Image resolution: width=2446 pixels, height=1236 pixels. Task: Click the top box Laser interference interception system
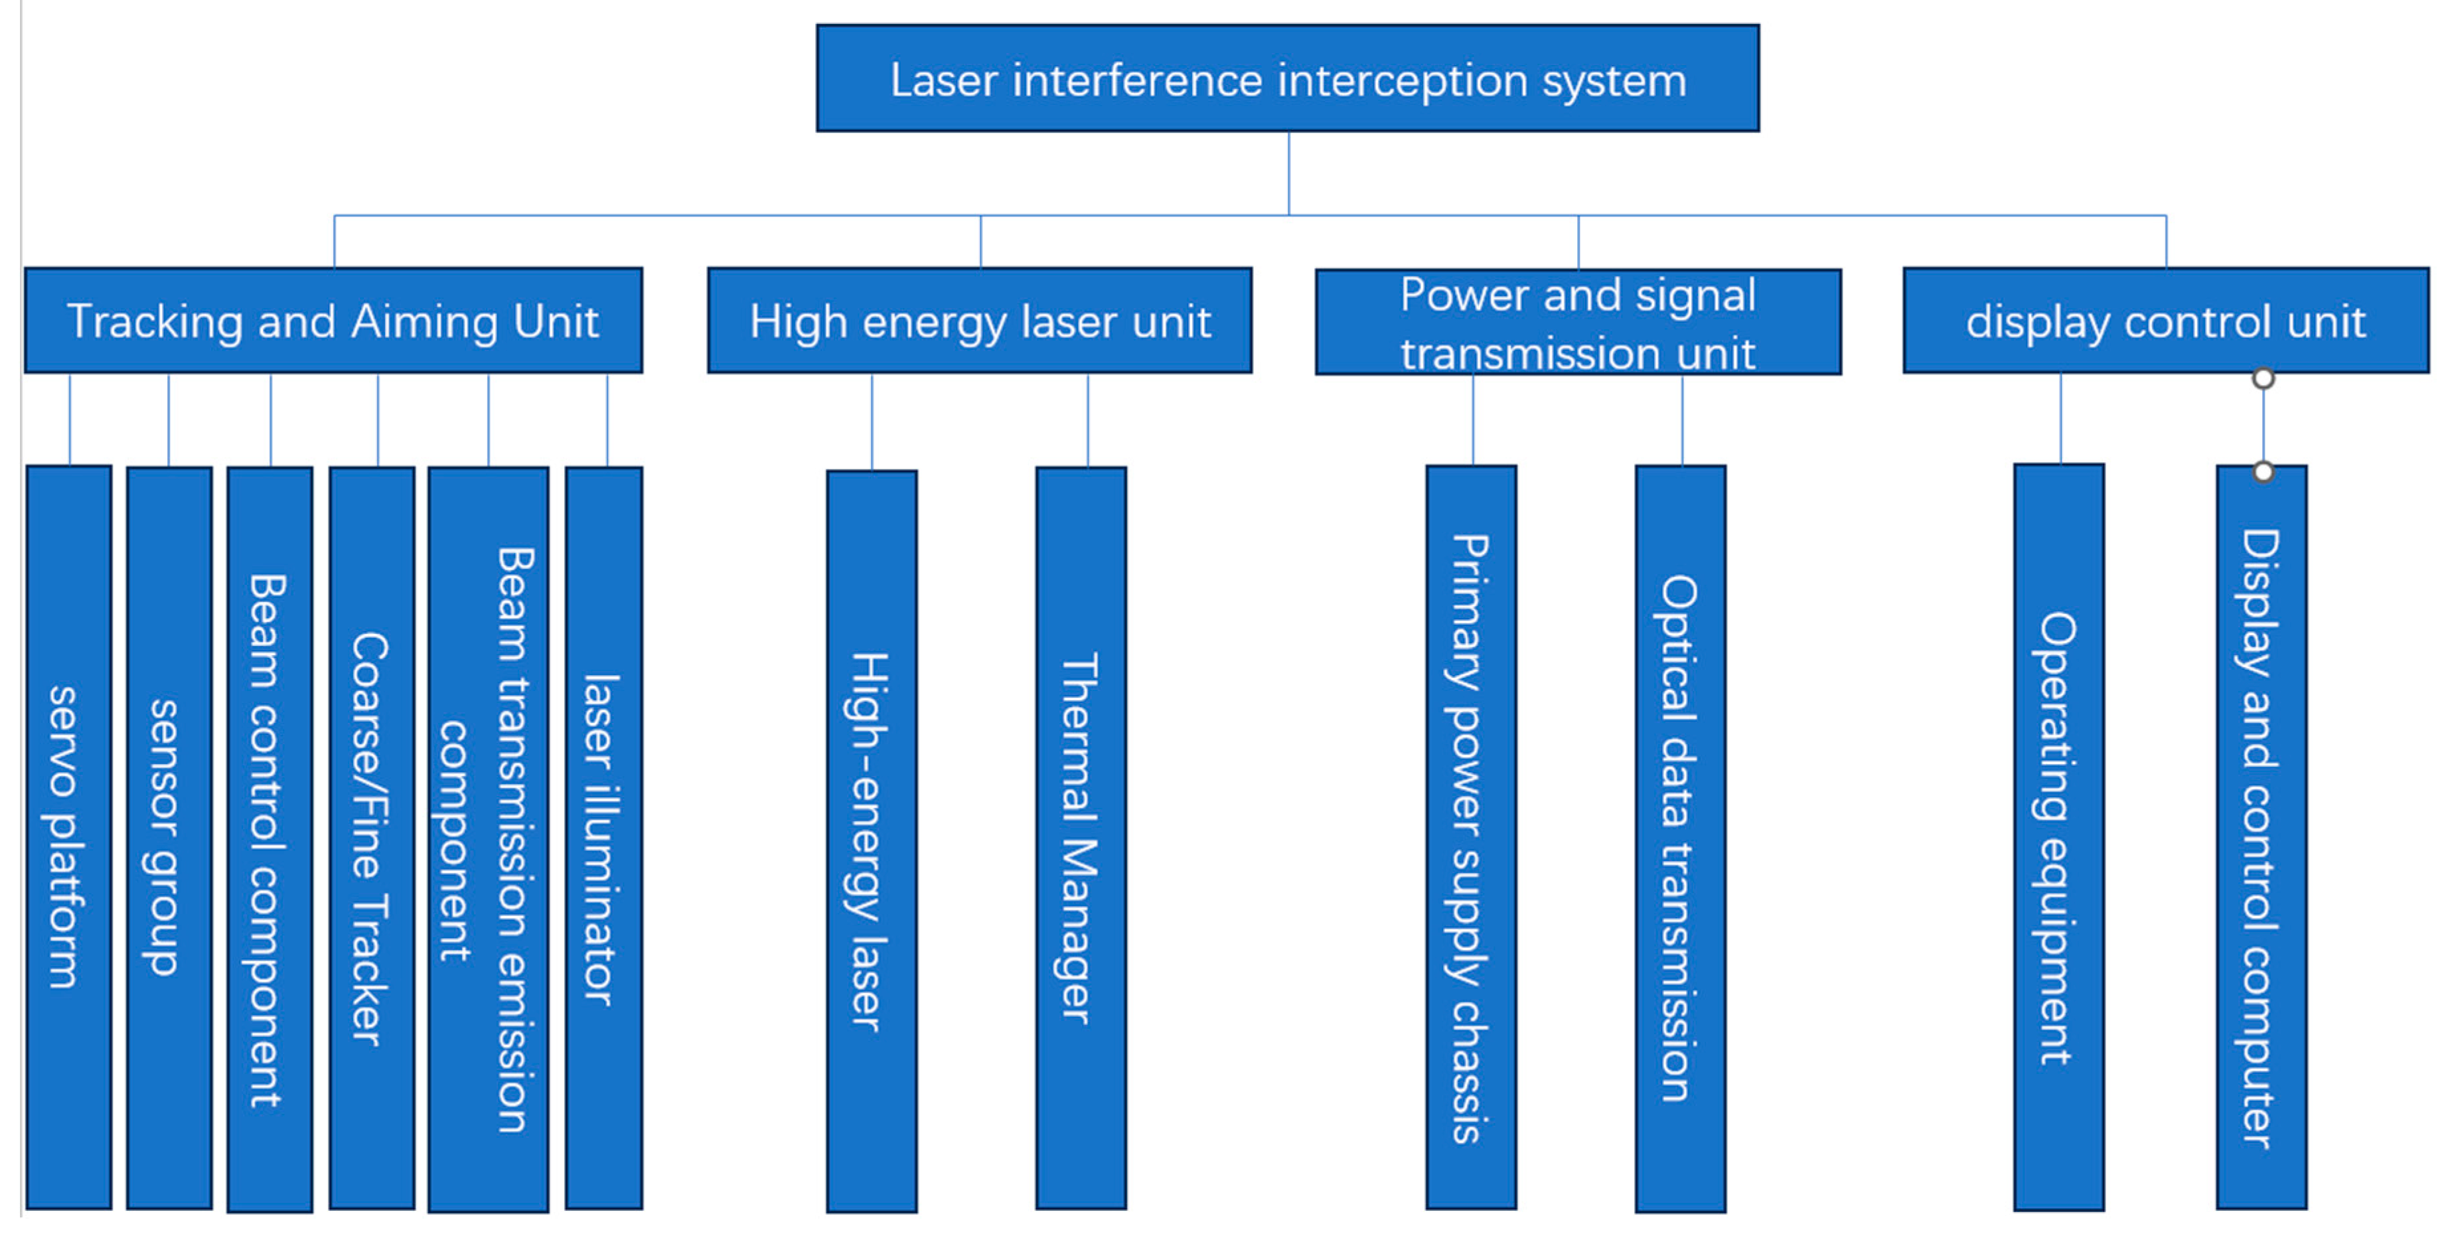[x=1288, y=79]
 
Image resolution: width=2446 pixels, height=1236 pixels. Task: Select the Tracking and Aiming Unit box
[x=333, y=321]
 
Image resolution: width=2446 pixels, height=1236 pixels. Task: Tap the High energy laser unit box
[x=980, y=321]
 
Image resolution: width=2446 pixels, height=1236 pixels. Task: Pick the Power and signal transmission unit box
[x=1578, y=323]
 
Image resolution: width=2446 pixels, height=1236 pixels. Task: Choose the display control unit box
[x=2166, y=321]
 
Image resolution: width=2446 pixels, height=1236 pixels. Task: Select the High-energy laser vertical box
[x=872, y=841]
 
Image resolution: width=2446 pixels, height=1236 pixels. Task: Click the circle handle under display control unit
[x=2263, y=379]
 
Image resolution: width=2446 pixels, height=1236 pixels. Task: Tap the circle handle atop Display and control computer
[x=2263, y=472]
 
